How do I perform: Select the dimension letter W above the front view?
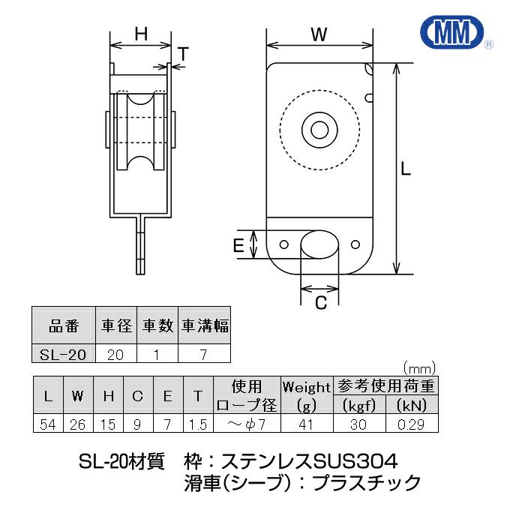pos(320,34)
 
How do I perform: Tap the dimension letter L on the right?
pos(406,169)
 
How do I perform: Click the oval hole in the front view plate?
pos(320,245)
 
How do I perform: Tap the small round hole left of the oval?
pos(284,244)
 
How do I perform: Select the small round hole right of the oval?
pos(356,244)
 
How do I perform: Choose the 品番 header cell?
pos(63,326)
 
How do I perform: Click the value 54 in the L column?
pos(49,424)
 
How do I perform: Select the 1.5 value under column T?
pos(197,424)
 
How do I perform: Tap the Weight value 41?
pos(306,424)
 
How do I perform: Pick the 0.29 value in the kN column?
pos(412,424)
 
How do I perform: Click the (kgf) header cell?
pos(358,405)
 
